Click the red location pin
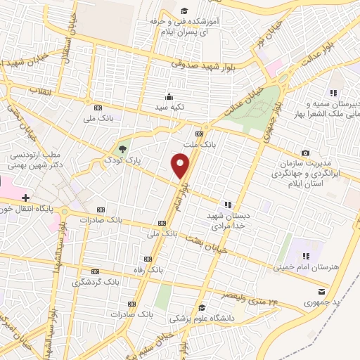pos(181,167)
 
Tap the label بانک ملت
pos(198,143)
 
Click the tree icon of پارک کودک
pos(123,148)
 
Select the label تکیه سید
pos(169,107)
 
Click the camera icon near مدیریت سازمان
pos(305,153)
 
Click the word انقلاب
pos(37,91)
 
